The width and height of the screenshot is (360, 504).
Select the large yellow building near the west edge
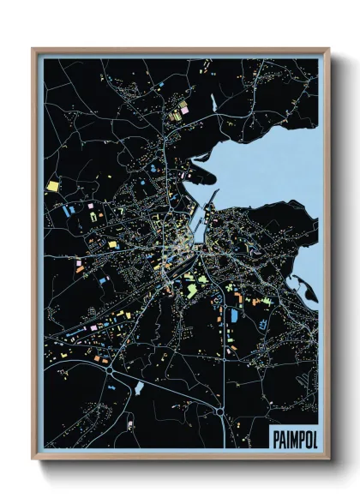point(53,184)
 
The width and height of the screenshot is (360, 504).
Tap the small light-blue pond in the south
point(139,388)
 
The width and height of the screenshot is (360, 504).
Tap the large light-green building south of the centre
point(193,290)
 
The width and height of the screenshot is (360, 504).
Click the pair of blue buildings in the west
point(68,208)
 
